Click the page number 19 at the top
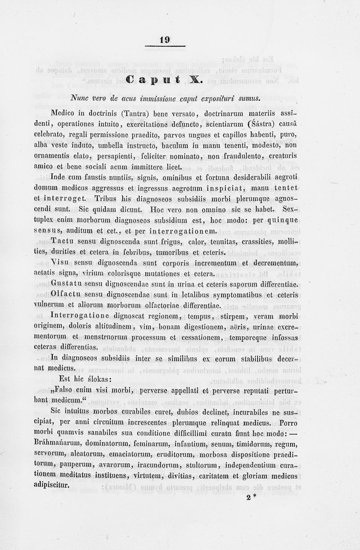point(165,40)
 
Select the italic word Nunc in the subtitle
point(80,98)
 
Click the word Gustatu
point(68,284)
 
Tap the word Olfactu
point(67,295)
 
